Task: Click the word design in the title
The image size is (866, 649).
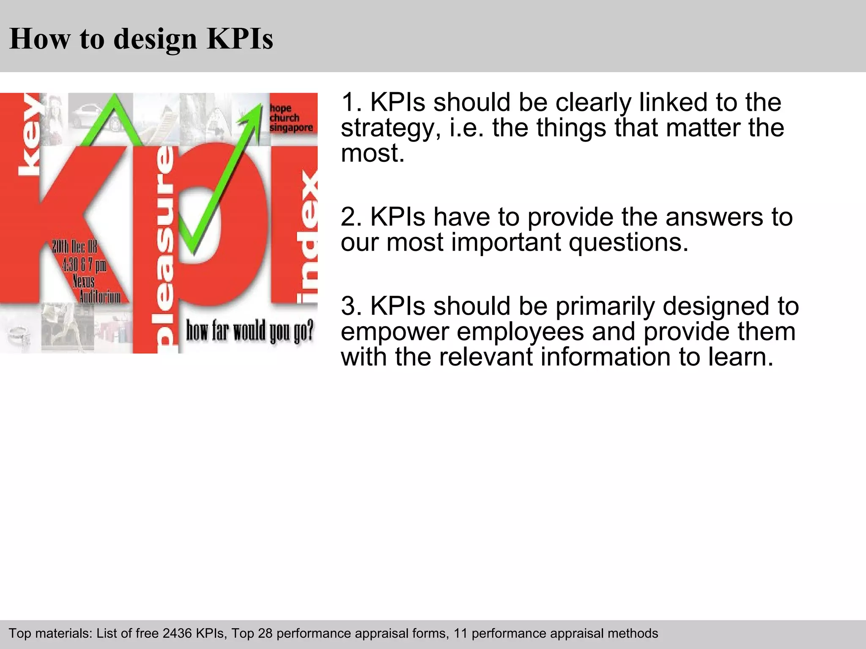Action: point(155,39)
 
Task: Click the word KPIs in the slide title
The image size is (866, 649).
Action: point(240,39)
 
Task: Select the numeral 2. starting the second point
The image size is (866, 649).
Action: point(351,217)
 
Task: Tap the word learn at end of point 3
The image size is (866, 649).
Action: point(740,357)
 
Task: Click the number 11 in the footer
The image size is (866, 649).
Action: point(460,633)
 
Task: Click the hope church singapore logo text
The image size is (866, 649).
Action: point(291,118)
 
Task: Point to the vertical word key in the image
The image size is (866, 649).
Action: point(30,135)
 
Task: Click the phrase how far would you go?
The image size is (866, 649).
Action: point(249,330)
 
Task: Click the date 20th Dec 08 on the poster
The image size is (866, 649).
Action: point(74,246)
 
